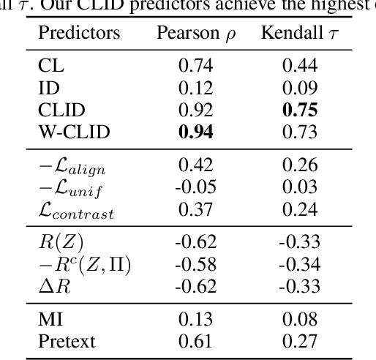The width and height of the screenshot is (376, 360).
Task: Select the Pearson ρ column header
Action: [195, 34]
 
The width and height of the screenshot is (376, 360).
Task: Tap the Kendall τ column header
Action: [300, 34]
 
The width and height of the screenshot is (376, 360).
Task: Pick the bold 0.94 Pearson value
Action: [195, 133]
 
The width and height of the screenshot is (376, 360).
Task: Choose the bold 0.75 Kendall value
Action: [300, 110]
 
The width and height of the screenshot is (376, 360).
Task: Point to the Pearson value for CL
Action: [195, 66]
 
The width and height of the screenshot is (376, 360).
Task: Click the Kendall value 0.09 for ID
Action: [300, 89]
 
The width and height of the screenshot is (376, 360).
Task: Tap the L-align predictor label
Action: [71, 167]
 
